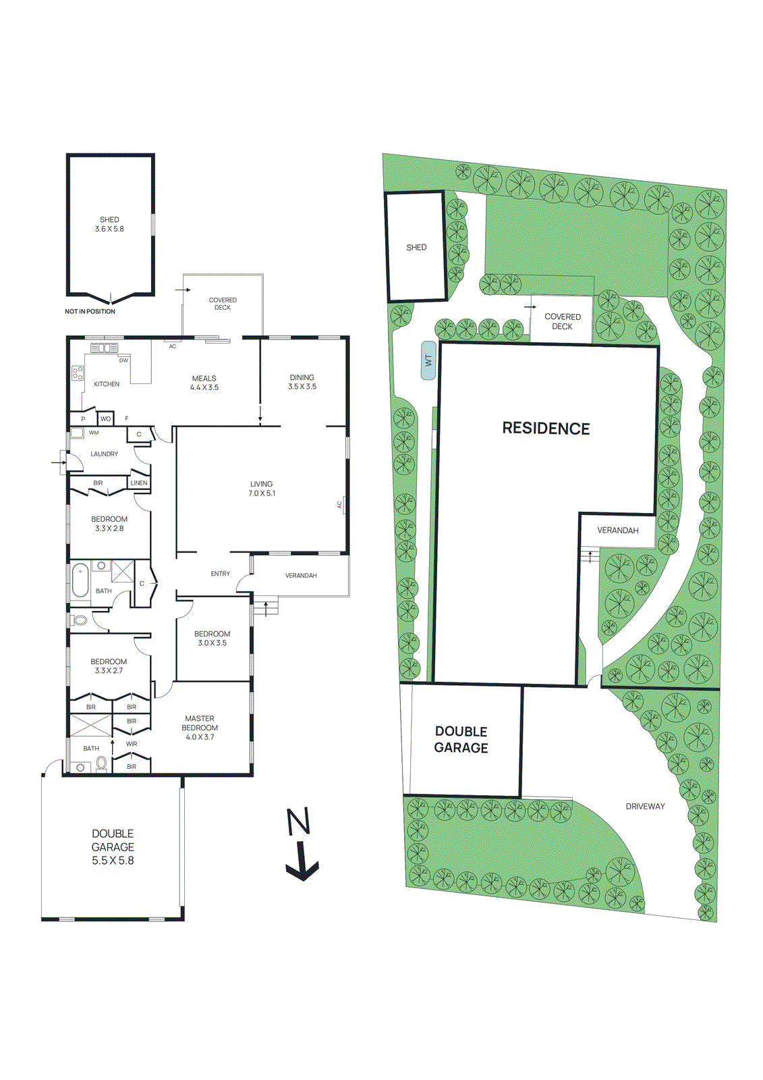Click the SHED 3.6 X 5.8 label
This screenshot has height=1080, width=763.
coord(109,224)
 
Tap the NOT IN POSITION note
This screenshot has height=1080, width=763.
coord(90,312)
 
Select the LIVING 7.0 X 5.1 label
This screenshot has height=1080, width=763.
coord(262,489)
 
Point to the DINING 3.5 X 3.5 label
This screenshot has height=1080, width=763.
coord(302,382)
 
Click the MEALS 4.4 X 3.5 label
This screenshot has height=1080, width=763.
coord(204,383)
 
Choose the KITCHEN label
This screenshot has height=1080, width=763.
coord(107,384)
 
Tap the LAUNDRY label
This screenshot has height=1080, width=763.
coord(104,454)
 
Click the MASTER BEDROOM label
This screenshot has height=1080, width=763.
coord(200,728)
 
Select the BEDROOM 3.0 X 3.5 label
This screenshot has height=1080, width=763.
coord(212,639)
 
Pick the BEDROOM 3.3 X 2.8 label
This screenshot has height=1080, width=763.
coord(109,524)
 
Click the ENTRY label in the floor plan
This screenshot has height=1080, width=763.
coord(221,574)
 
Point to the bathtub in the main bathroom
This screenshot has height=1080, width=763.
coord(80,580)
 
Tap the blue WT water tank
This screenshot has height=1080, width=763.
coord(428,360)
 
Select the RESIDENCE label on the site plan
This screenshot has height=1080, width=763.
coord(546,429)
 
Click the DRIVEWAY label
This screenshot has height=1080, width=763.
coord(645,806)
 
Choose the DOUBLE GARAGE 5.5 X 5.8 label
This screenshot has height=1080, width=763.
coord(113,847)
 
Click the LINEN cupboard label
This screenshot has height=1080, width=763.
coord(139,483)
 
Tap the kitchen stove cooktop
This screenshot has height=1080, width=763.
coord(78,373)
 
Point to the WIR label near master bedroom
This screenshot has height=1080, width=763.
coord(132,744)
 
